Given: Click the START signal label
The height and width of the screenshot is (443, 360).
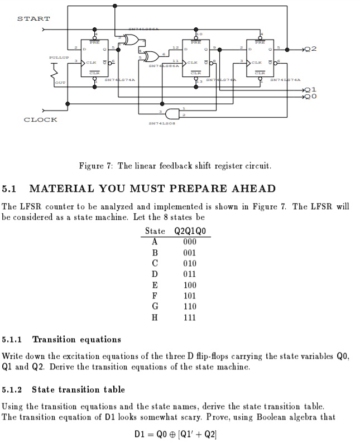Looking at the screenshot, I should point(33,19).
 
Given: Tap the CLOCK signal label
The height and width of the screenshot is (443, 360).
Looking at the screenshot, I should point(40,119).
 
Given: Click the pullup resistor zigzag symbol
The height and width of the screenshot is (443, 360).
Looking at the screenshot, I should point(54,71).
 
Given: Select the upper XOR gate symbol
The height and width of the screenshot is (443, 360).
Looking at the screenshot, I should point(132,39).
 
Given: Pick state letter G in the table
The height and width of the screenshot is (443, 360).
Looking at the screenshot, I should point(155,306).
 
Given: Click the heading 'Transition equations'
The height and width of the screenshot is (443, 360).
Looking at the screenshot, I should point(76,339).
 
